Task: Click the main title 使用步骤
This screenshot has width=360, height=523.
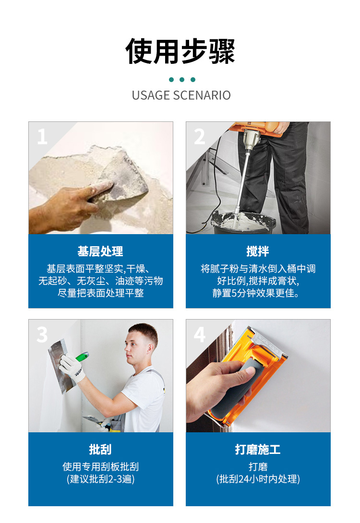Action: [180, 51]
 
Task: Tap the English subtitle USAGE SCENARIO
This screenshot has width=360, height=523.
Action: [181, 95]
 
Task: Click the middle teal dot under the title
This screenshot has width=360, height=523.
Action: [182, 79]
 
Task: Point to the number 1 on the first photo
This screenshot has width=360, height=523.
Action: [42, 136]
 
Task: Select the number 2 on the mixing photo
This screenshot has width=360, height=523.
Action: [200, 136]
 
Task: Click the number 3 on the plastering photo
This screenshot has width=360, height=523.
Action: [42, 334]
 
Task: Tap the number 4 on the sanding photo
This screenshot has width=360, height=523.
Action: [200, 334]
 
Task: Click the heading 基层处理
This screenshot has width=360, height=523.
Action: [100, 251]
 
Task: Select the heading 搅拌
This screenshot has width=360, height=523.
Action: [258, 251]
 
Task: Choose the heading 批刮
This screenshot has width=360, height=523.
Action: [100, 449]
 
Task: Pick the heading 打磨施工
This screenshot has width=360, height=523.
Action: [258, 449]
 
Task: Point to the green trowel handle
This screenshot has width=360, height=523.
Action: [82, 356]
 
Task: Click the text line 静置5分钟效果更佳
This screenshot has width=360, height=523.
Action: [256, 293]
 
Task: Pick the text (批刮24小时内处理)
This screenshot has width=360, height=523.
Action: [258, 479]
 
